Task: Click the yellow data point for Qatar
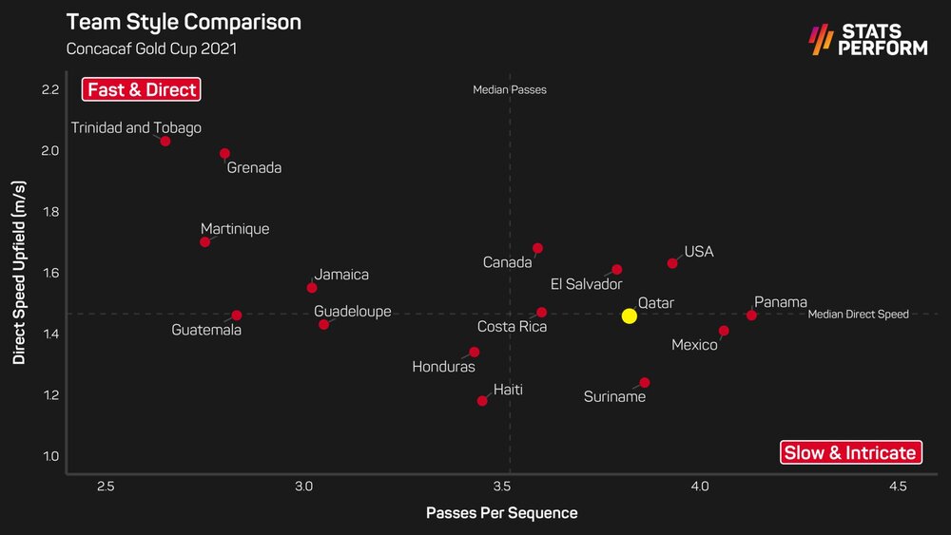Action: (629, 315)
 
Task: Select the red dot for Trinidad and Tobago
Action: (165, 141)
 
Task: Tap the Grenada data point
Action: (224, 153)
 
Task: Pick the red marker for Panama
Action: (751, 315)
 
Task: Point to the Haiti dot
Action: (482, 400)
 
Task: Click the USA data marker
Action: (672, 263)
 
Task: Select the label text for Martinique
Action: (235, 229)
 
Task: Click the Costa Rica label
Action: (512, 327)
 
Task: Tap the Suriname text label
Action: (614, 396)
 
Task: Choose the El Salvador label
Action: (586, 284)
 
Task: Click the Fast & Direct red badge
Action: (142, 90)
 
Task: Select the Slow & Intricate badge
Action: (850, 452)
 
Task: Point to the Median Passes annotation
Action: (510, 90)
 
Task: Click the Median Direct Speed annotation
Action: (858, 315)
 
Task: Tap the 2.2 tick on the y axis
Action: (50, 90)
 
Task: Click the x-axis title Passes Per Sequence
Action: (501, 513)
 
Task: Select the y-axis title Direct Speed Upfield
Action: (19, 276)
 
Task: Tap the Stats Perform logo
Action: (866, 39)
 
